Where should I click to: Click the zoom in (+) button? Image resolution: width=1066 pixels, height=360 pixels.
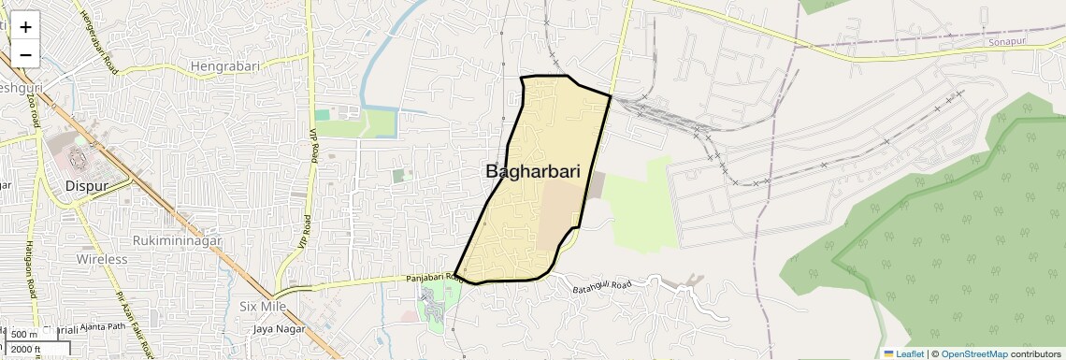coord(25,27)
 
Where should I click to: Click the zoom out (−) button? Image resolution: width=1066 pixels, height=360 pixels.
coord(25,54)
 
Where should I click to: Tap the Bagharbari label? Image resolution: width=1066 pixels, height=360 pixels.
coord(533,172)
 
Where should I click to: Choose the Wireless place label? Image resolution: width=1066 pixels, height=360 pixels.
coord(102,258)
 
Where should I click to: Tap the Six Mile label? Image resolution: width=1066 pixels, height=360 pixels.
coord(262,306)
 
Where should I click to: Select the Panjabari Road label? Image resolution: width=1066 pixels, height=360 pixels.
coord(434,278)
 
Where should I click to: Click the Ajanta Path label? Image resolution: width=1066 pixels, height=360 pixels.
coord(103,327)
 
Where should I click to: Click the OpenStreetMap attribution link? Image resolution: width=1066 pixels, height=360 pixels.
coord(973,353)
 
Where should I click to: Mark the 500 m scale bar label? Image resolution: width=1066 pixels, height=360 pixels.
coord(25,334)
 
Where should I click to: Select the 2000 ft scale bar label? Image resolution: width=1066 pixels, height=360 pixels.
coord(29,350)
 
